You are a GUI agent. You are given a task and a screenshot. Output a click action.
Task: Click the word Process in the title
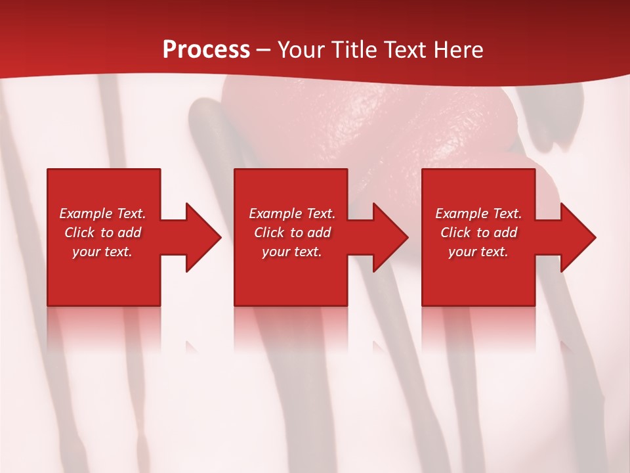206,50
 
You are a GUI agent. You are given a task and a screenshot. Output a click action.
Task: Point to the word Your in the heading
302,50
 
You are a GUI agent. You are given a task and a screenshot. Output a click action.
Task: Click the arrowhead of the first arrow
203,237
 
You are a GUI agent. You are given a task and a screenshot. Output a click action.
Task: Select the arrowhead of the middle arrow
390,237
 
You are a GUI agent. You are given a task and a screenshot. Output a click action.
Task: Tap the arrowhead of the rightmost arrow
578,237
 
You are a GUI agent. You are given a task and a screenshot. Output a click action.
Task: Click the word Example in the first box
85,214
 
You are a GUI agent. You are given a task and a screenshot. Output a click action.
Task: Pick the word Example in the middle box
275,214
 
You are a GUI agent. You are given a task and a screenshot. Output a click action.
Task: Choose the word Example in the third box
461,214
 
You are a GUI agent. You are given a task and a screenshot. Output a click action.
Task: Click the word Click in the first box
79,233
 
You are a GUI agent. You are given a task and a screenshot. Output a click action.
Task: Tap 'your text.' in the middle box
291,252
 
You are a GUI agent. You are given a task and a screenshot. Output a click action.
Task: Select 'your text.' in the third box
478,252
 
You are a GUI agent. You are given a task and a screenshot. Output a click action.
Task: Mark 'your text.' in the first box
102,252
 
